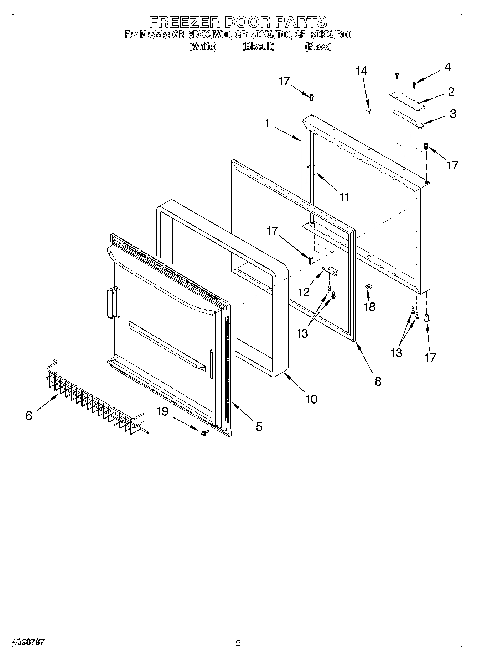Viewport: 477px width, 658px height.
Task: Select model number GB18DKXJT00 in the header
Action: point(263,35)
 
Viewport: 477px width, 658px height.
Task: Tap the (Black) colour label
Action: point(318,47)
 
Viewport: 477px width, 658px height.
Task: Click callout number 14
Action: point(361,71)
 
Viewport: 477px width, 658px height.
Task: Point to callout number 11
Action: point(344,197)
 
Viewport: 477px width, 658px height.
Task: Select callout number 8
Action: point(378,381)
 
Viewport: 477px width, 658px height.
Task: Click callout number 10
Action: point(311,399)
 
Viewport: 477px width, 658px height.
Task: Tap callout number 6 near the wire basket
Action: point(29,415)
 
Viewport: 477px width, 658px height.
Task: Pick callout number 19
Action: point(162,411)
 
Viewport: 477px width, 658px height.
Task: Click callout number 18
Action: point(370,306)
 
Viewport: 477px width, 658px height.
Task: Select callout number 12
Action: point(304,292)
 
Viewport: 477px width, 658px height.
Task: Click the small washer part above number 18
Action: point(369,286)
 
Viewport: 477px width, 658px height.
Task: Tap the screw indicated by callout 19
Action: point(204,433)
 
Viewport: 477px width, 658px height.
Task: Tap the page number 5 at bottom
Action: point(238,643)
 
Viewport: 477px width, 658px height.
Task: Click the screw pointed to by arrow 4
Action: point(414,85)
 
